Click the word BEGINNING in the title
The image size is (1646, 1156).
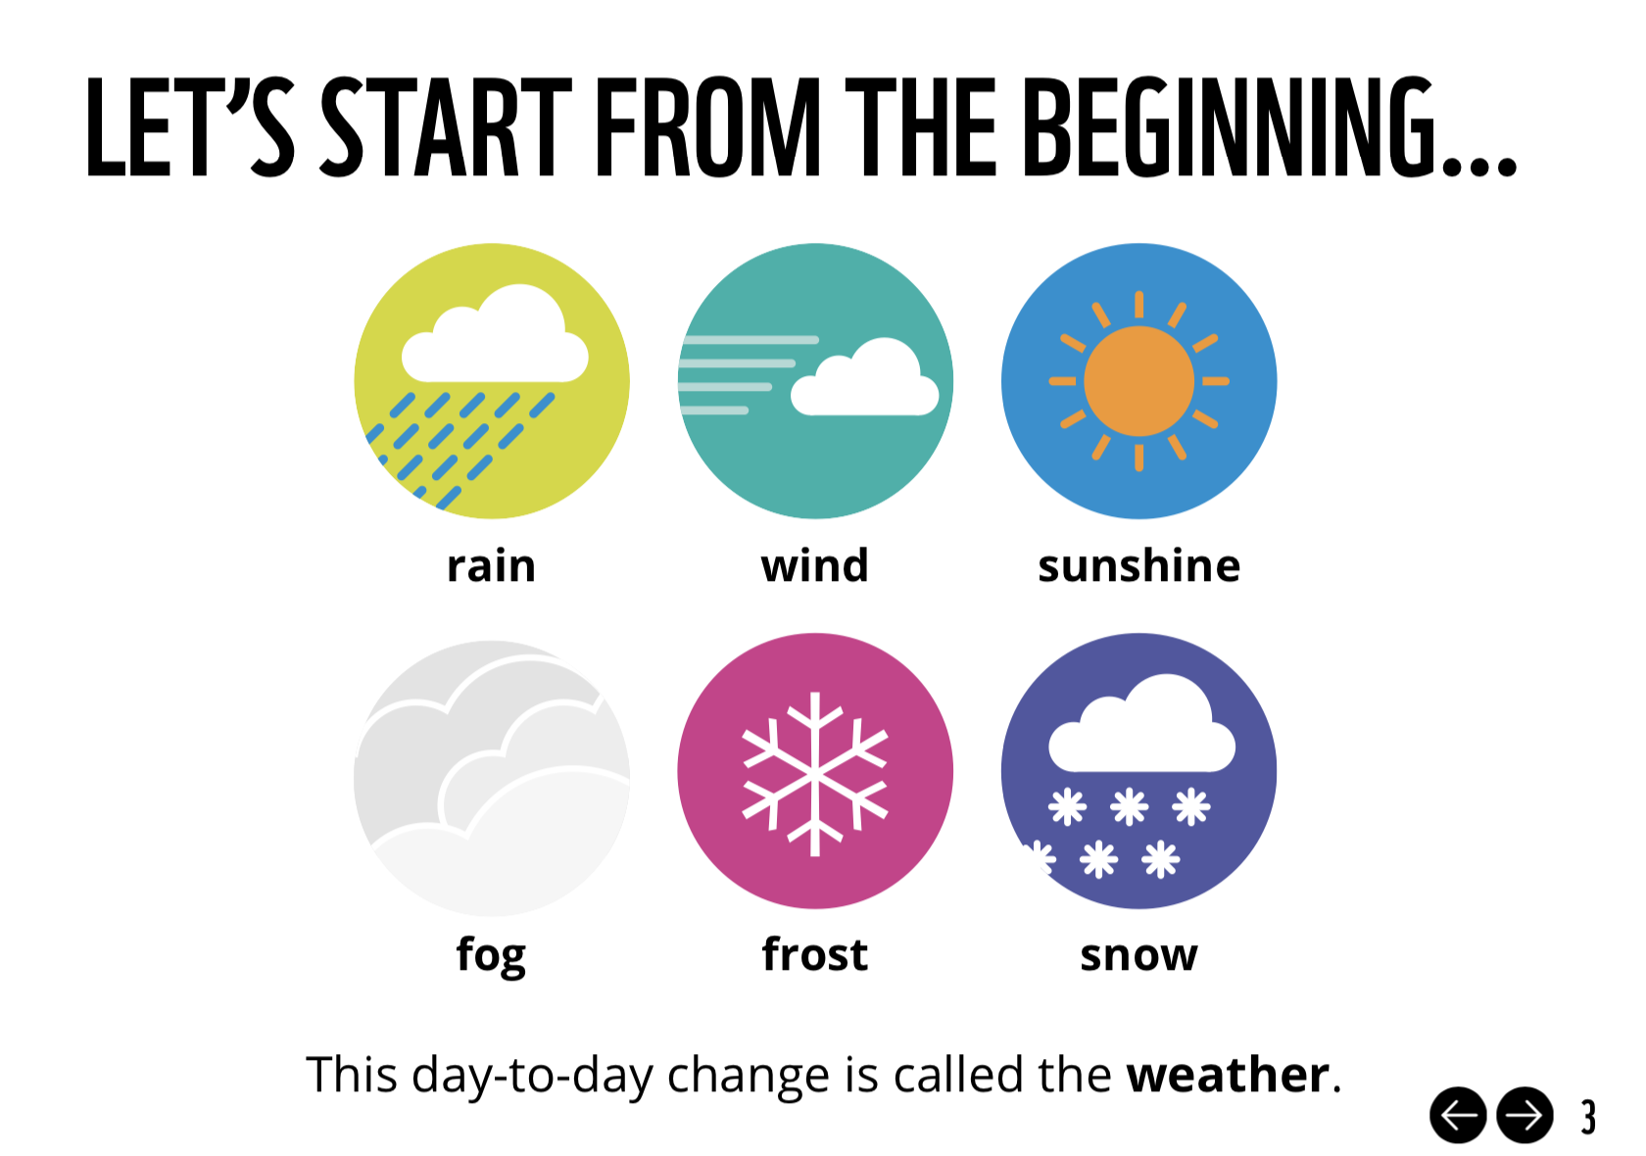[x=1270, y=126]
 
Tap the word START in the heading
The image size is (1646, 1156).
[x=446, y=126]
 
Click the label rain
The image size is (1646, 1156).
[x=492, y=566]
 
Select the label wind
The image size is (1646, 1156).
[x=815, y=566]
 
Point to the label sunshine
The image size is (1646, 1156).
[x=1138, y=566]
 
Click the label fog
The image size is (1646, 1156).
[x=492, y=956]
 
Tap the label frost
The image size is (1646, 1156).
[x=815, y=954]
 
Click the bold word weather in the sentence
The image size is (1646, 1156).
[x=1229, y=1075]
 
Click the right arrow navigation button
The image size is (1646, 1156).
[x=1525, y=1116]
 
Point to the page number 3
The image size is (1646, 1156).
[x=1589, y=1117]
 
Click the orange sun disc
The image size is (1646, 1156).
[x=1138, y=381]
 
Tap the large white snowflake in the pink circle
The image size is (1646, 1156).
[x=815, y=774]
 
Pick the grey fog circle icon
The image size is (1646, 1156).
[x=492, y=778]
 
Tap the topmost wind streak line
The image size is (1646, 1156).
[x=750, y=340]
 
